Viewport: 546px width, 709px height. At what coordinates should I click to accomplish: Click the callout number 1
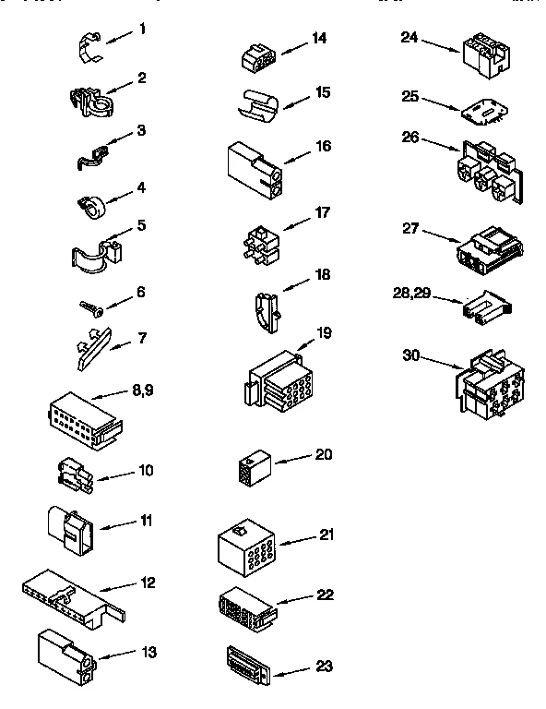(142, 30)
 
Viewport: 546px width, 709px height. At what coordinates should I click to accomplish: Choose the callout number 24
(410, 38)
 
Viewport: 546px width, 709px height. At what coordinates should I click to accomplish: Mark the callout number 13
(148, 652)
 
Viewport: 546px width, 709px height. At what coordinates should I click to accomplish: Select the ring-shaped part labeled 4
(89, 204)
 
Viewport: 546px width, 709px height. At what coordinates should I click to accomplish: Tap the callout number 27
(412, 227)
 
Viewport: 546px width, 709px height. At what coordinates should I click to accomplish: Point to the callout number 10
(146, 471)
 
